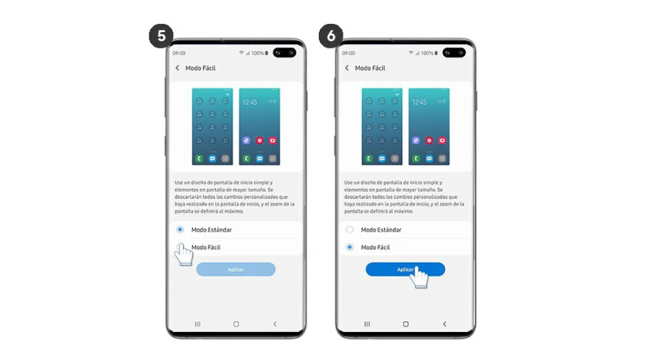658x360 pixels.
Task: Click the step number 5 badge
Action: (x=161, y=36)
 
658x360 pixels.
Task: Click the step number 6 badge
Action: (x=331, y=36)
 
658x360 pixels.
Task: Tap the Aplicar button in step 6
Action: (x=405, y=269)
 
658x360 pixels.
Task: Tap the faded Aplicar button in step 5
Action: (x=235, y=269)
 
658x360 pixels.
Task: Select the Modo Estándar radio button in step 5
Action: (x=180, y=230)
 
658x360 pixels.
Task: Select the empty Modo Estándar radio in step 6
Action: (x=349, y=230)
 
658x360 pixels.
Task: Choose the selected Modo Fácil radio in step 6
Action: (x=349, y=247)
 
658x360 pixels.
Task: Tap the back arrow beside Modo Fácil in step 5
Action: (x=177, y=68)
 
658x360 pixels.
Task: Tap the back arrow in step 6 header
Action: (x=347, y=68)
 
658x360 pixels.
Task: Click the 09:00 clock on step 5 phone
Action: (x=179, y=53)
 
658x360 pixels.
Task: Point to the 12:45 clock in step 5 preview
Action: (x=250, y=102)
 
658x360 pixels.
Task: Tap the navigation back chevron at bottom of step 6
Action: (x=444, y=324)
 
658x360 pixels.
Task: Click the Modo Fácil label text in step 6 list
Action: (x=375, y=247)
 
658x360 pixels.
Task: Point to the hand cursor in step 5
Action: (x=183, y=254)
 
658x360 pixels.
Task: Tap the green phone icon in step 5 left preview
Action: (x=198, y=158)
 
